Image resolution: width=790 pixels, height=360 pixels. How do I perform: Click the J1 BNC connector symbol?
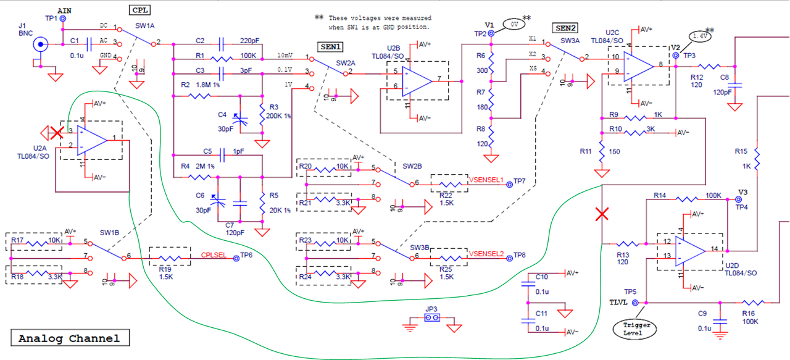(40, 44)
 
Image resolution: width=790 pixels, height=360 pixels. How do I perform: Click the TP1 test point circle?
(62, 19)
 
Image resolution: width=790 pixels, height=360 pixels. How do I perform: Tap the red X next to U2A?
(57, 132)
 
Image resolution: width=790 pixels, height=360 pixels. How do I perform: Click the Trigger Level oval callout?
(636, 329)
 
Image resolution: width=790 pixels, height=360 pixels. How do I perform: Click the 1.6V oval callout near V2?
(700, 36)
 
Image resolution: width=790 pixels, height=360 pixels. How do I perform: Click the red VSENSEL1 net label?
(486, 180)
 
